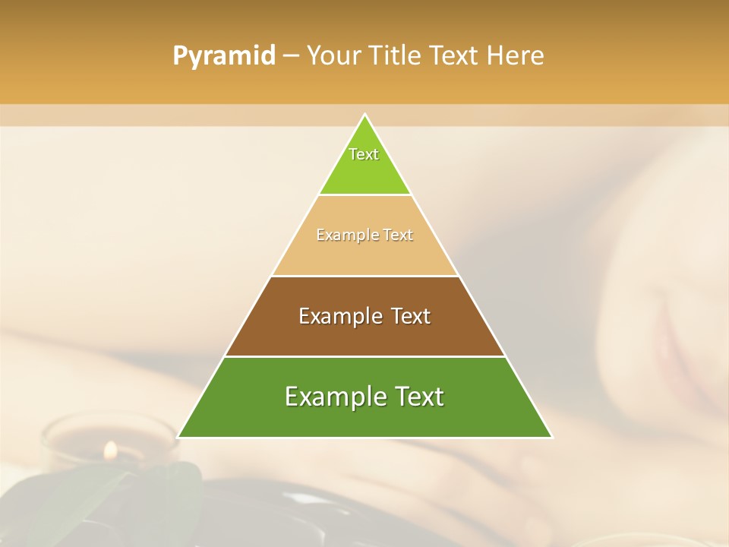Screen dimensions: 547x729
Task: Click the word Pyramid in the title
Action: coord(223,56)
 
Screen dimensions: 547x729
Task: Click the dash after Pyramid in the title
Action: coord(290,56)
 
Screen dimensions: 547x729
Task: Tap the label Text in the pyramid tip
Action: coord(364,154)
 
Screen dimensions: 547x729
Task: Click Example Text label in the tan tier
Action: coord(364,235)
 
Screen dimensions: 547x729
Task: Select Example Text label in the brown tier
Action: coord(364,316)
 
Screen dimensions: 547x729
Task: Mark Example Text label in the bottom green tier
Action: coord(364,397)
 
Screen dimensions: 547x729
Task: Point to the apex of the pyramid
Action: coord(365,115)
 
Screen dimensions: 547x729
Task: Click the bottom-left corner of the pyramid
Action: coord(178,437)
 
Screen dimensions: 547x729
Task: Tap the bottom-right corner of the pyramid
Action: coord(552,437)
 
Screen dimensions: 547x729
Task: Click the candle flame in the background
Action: coord(110,451)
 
